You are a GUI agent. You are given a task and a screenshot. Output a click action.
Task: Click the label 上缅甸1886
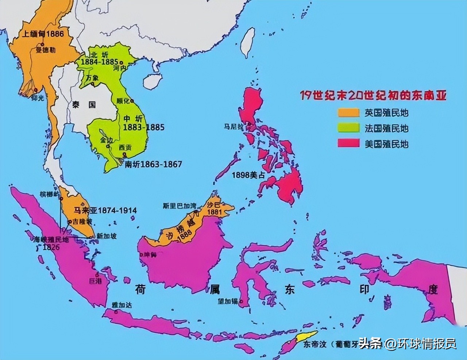[43, 34]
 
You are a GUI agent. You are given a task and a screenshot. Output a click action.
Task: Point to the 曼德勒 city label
[46, 51]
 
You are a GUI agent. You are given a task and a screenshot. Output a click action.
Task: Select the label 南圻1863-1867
[153, 164]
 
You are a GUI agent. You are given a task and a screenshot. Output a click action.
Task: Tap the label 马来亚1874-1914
[105, 210]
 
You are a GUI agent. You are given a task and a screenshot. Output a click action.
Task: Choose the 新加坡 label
[107, 236]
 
